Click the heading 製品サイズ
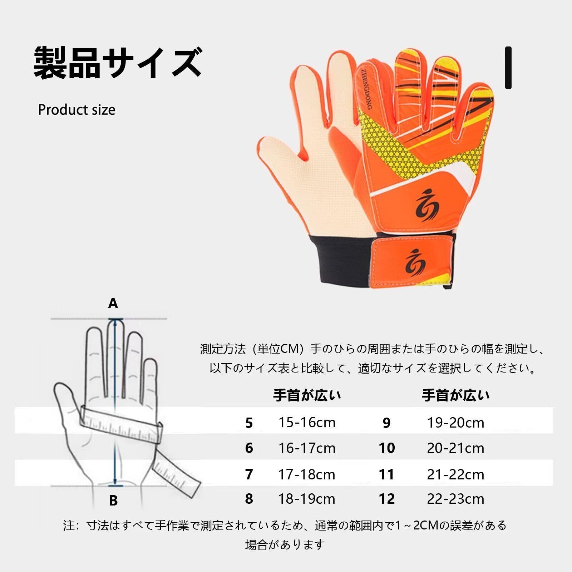click(x=118, y=63)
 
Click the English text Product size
click(x=77, y=110)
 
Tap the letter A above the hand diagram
click(x=113, y=304)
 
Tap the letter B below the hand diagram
click(x=113, y=500)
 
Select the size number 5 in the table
click(x=249, y=423)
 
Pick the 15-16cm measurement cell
click(x=307, y=423)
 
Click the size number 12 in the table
click(x=387, y=499)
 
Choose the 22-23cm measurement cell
click(x=455, y=499)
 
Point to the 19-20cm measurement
click(x=455, y=423)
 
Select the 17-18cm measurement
click(x=307, y=474)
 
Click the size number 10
click(x=387, y=448)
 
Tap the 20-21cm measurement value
click(x=455, y=448)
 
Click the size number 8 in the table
click(x=249, y=499)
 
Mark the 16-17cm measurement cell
click(x=307, y=448)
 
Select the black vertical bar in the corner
click(x=508, y=68)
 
